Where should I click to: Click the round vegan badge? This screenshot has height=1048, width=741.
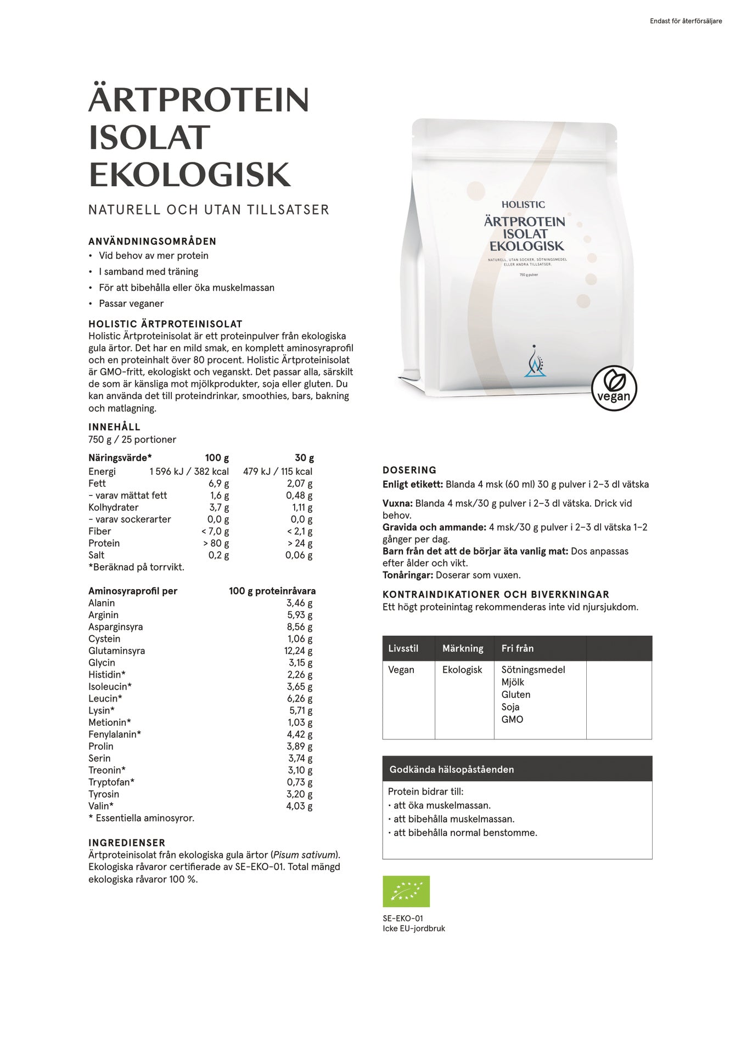click(614, 388)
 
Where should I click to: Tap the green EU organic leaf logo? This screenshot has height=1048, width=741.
click(406, 891)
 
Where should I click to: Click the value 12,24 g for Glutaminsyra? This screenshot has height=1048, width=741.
click(298, 651)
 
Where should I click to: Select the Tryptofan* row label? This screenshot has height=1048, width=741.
click(111, 782)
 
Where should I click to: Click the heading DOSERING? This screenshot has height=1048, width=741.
click(409, 470)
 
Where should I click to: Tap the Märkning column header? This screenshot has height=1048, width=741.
click(463, 648)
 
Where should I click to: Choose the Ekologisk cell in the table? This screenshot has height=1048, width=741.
click(462, 670)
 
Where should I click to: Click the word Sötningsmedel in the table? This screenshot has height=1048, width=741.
click(533, 670)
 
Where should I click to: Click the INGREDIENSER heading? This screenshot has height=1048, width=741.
click(127, 843)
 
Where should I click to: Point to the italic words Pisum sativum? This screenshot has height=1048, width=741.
click(304, 855)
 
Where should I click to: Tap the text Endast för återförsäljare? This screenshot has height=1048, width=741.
click(686, 21)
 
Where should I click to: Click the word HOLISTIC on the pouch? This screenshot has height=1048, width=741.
click(523, 205)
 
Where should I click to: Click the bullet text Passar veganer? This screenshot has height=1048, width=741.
click(131, 304)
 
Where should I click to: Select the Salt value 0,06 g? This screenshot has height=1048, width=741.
click(299, 555)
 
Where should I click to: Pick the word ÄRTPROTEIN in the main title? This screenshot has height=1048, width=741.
click(199, 100)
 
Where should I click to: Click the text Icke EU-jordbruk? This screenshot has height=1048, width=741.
click(414, 928)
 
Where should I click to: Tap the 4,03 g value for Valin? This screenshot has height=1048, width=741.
click(299, 806)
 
